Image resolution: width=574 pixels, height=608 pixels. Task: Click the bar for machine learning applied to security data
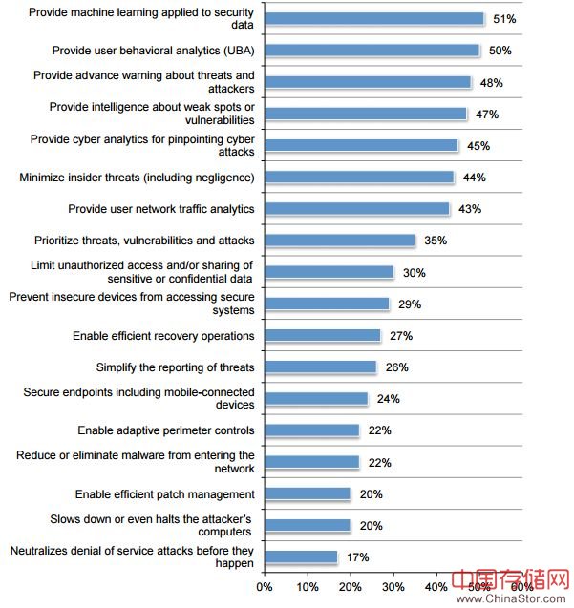point(373,19)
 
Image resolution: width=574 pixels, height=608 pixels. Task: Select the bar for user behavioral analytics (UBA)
point(372,51)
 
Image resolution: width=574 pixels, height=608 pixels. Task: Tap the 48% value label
point(492,83)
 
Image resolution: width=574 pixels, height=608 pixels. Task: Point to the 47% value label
point(487,115)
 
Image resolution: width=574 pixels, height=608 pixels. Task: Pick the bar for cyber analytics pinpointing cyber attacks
point(361,146)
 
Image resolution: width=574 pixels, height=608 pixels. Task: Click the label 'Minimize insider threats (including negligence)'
point(137,178)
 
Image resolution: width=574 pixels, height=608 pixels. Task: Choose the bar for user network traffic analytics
point(356,209)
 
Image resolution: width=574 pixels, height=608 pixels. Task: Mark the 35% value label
point(436,241)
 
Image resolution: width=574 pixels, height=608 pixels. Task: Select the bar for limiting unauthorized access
point(329,272)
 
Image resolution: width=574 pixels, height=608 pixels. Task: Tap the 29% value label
point(410,304)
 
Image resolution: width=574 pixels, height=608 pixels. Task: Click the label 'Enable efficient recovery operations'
point(163,336)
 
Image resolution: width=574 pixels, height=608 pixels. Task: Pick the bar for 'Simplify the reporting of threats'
point(320,367)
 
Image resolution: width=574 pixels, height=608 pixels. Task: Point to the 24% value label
point(388,399)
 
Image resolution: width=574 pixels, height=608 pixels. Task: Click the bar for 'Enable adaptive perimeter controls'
point(311,430)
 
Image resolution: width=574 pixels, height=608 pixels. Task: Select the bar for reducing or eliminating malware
point(311,462)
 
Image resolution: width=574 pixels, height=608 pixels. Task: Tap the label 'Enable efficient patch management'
point(165,494)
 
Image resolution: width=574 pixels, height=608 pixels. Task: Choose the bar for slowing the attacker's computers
point(308,526)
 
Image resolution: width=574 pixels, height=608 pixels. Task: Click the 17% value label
point(357,557)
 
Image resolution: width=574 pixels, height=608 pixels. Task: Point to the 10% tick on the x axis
point(308,586)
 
